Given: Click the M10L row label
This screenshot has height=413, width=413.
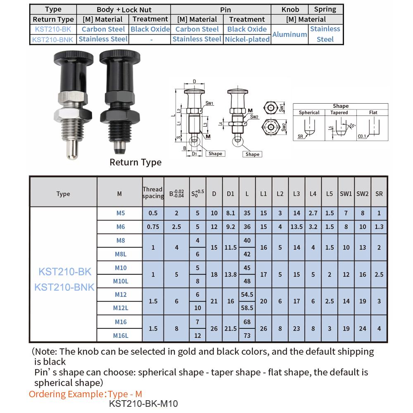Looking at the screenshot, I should tap(121, 281).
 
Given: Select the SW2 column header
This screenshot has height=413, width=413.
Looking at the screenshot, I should tap(362, 193).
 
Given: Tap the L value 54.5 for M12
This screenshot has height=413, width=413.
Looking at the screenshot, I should tap(247, 294).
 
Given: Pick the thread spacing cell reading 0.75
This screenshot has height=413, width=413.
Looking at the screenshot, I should tap(153, 227).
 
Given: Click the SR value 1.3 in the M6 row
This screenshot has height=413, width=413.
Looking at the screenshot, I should tap(379, 227).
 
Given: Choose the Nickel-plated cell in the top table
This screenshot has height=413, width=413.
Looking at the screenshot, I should tap(247, 39).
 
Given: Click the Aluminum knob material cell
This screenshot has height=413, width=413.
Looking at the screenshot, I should tap(290, 34).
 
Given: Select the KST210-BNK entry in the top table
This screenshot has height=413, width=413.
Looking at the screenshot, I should tap(52, 39).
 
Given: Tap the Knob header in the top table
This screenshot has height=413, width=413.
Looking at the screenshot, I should tap(290, 9).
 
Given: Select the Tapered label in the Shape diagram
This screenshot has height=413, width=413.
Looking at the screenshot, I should tap(339, 112).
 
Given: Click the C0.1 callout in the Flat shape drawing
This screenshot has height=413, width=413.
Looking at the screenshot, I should tap(362, 136).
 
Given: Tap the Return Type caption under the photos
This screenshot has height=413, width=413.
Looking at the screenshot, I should tap(135, 162).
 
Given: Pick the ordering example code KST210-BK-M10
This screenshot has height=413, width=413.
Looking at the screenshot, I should tap(143, 404).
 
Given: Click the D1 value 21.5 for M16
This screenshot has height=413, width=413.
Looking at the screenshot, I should tap(230, 328).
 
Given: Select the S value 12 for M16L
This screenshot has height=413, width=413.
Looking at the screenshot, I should tap(197, 335).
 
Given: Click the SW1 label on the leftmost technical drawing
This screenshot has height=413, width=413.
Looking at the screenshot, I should tap(209, 104).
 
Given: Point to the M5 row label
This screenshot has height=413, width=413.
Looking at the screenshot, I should tap(121, 213).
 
